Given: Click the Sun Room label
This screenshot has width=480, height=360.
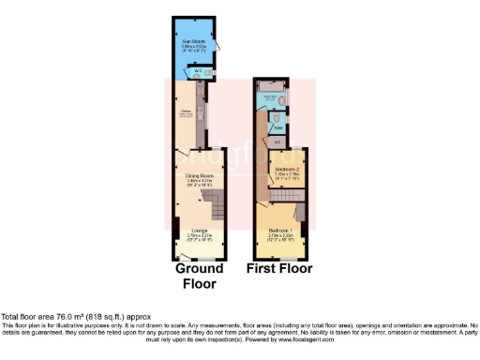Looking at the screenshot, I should pyautogui.click(x=194, y=41).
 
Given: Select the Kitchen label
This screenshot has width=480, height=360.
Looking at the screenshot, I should pyautogui.click(x=185, y=112).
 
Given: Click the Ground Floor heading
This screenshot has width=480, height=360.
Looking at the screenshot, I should pyautogui.click(x=197, y=277).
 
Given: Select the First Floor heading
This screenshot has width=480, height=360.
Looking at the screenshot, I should pyautogui.click(x=279, y=269).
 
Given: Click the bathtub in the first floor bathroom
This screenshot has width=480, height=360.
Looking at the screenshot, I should pyautogui.click(x=270, y=97).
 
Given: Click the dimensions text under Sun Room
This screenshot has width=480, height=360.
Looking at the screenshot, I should pyautogui.click(x=194, y=49).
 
